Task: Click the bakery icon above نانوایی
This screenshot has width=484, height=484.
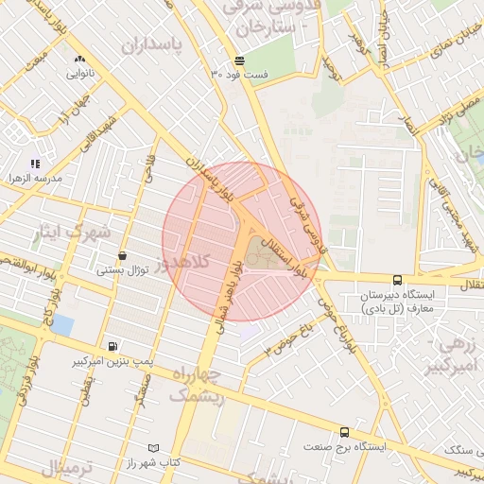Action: click(x=78, y=59)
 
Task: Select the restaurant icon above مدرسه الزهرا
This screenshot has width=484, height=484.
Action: click(x=36, y=164)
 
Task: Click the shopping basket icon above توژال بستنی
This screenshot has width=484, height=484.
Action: click(x=123, y=256)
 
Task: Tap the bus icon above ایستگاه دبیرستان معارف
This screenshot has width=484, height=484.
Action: click(x=397, y=280)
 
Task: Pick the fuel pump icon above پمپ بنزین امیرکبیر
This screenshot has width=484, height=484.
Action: click(x=113, y=346)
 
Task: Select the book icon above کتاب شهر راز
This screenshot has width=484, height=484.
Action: click(x=153, y=447)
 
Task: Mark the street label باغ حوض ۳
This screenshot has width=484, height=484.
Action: click(x=287, y=335)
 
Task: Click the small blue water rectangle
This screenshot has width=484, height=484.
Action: click(x=62, y=325)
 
